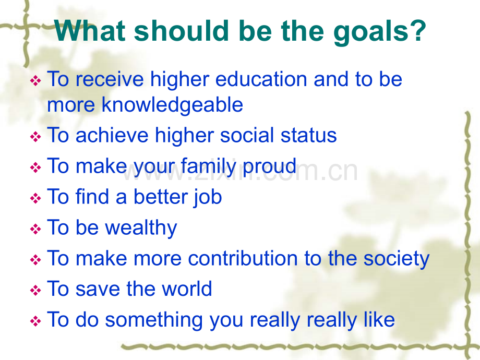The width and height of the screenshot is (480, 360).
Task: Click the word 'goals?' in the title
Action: pyautogui.click(x=380, y=32)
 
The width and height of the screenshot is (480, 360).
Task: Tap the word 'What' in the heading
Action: pyautogui.click(x=90, y=30)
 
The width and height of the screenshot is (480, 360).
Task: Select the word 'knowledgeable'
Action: pyautogui.click(x=172, y=105)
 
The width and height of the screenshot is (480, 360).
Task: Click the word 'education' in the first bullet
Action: pyautogui.click(x=261, y=79)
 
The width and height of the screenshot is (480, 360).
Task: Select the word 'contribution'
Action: pyautogui.click(x=243, y=258)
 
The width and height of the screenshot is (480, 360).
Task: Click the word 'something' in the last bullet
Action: pyautogui.click(x=154, y=320)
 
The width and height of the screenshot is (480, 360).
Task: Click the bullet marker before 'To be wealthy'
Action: pyautogui.click(x=35, y=229)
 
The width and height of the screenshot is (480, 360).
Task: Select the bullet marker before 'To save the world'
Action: pyautogui.click(x=35, y=290)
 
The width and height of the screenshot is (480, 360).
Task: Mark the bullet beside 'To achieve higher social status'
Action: pyautogui.click(x=35, y=137)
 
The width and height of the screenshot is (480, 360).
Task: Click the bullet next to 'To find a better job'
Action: pyautogui.click(x=35, y=198)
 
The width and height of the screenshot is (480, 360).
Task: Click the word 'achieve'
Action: pyautogui.click(x=112, y=136)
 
